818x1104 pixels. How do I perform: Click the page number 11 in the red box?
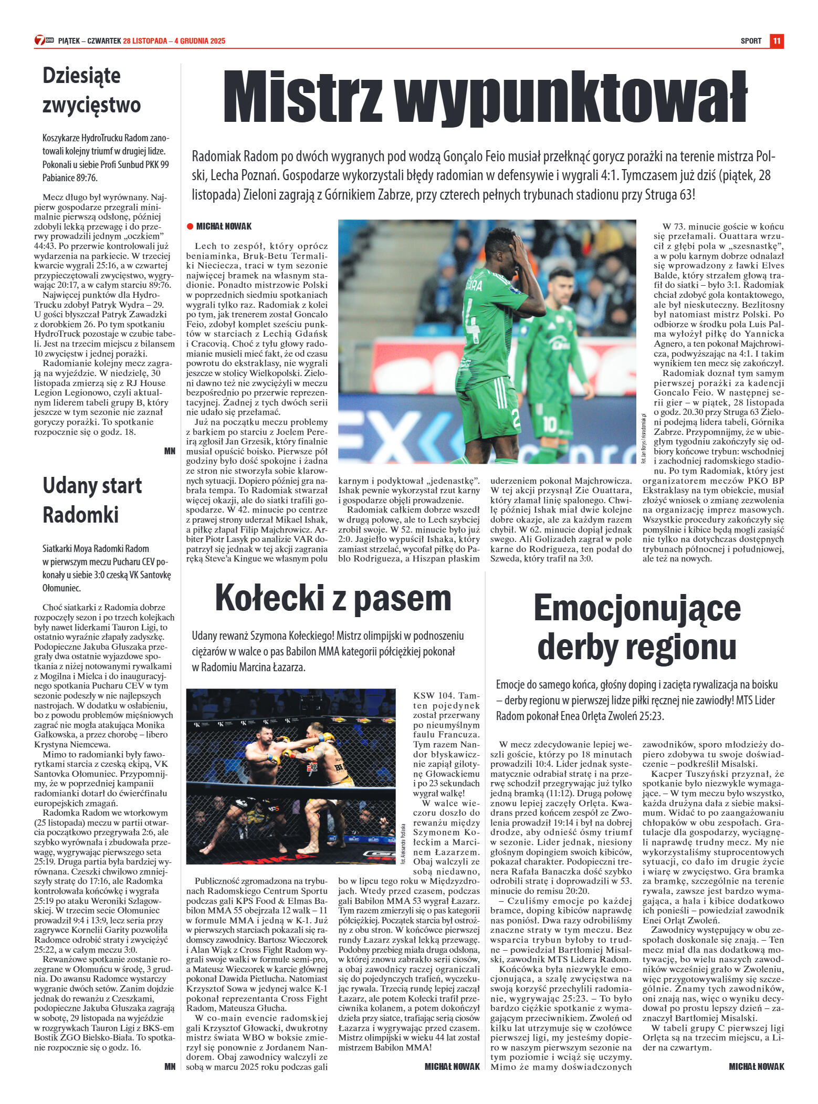pyautogui.click(x=777, y=41)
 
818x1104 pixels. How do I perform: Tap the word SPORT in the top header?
pyautogui.click(x=751, y=41)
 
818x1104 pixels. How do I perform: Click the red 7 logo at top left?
pyautogui.click(x=40, y=40)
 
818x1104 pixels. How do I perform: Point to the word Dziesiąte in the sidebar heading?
pyautogui.click(x=81, y=76)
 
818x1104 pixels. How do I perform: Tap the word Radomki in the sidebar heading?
pyautogui.click(x=80, y=515)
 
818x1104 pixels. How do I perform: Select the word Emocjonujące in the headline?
pyautogui.click(x=637, y=608)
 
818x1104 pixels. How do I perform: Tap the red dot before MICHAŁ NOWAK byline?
pyautogui.click(x=190, y=226)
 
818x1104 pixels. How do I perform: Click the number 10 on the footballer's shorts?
pyautogui.click(x=549, y=423)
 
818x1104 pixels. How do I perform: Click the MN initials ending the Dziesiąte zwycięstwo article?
pyautogui.click(x=170, y=451)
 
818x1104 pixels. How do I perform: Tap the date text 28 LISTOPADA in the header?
pyautogui.click(x=145, y=41)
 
